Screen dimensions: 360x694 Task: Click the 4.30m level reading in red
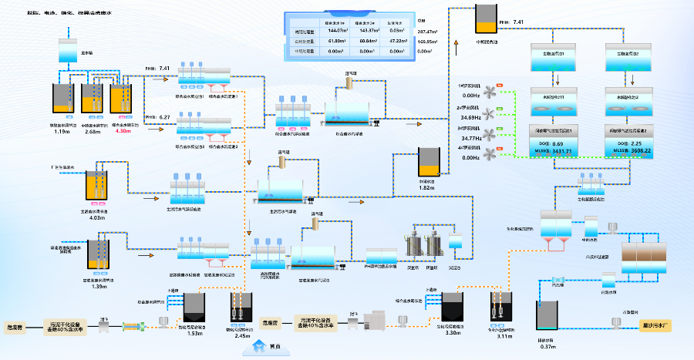pos(123,131)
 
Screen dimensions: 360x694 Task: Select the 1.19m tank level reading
pos(62,131)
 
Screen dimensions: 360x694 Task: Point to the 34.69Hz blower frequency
pos(471,117)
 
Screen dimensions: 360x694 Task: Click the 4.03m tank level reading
pos(96,217)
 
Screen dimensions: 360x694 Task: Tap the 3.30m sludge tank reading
pos(453,332)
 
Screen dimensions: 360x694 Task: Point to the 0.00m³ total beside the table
pos(424,52)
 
